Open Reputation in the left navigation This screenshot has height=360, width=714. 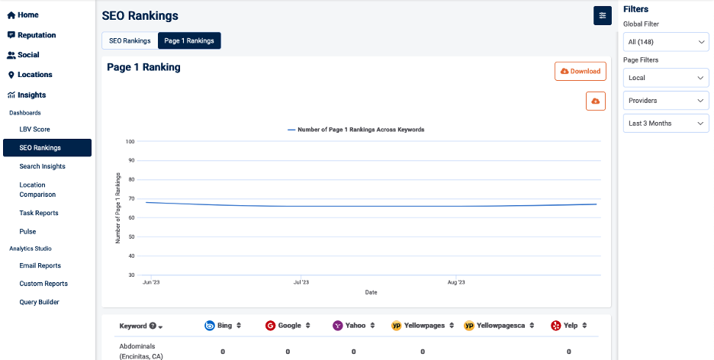31,35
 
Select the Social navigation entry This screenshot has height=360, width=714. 24,55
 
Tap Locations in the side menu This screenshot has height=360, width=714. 31,75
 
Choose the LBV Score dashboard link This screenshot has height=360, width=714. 34,130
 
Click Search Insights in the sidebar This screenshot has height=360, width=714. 42,166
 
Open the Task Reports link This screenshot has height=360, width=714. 39,213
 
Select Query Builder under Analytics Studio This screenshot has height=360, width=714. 39,302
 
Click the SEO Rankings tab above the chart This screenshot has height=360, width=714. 130,40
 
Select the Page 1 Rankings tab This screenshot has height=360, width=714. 189,40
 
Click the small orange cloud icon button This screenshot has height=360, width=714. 595,101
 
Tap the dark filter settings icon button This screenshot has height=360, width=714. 603,15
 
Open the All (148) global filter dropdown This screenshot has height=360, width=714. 666,42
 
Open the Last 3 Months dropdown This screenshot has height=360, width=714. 666,124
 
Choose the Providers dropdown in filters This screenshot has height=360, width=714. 666,101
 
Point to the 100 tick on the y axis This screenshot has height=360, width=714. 130,141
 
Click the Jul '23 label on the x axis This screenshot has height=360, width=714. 301,282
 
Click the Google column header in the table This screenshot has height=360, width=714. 289,326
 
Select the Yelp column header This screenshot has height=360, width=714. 568,326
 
